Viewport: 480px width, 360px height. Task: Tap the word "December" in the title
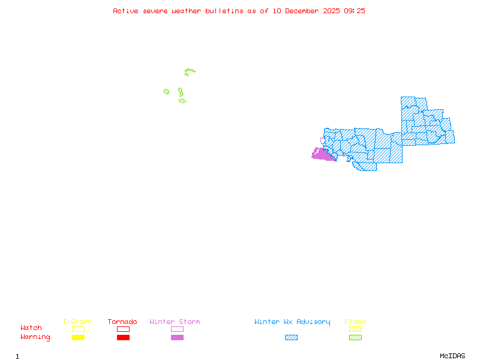tap(304, 11)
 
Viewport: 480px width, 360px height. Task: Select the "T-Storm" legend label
tap(77, 322)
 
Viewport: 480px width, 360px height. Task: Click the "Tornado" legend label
tap(122, 322)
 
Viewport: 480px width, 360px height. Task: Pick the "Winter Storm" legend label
tap(175, 322)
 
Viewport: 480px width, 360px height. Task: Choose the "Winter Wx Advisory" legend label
tap(292, 322)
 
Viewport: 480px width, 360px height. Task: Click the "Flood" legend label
tap(355, 322)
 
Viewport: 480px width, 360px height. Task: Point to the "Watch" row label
tap(31, 328)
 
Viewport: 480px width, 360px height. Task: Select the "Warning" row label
tap(35, 337)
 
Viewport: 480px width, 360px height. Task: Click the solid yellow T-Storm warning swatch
tap(78, 337)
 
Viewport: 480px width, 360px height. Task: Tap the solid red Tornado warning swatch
tap(123, 337)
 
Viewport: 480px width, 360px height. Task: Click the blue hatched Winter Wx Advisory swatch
tap(291, 337)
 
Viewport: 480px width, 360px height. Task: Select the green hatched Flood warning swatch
tap(355, 337)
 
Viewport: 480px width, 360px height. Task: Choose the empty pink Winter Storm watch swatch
tap(177, 329)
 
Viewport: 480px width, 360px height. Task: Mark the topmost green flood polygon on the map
tap(190, 71)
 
